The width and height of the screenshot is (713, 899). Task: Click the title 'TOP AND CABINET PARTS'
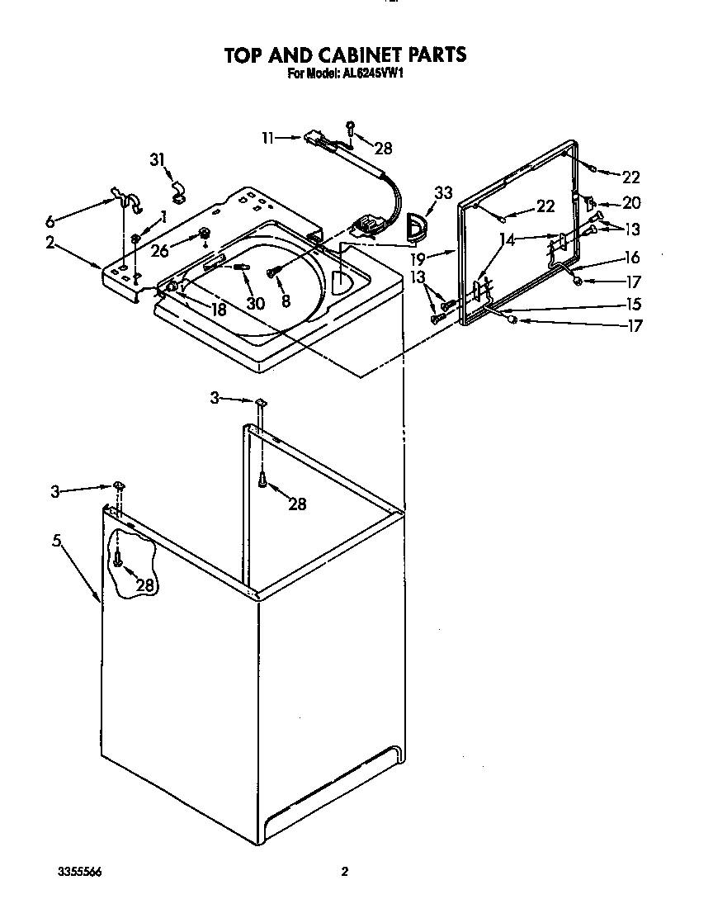(345, 54)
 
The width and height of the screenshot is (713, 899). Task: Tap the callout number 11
(268, 138)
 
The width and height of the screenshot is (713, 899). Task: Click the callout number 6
(51, 221)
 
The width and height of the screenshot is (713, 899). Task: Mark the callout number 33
(443, 193)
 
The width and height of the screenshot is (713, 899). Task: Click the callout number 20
(631, 203)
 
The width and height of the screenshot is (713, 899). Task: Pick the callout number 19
(419, 257)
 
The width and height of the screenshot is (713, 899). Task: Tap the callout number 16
(631, 257)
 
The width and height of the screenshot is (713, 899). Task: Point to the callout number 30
(255, 303)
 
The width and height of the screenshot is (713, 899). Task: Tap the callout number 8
(285, 301)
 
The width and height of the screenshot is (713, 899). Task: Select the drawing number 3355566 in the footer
(80, 872)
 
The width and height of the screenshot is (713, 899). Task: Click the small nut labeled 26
(201, 240)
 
